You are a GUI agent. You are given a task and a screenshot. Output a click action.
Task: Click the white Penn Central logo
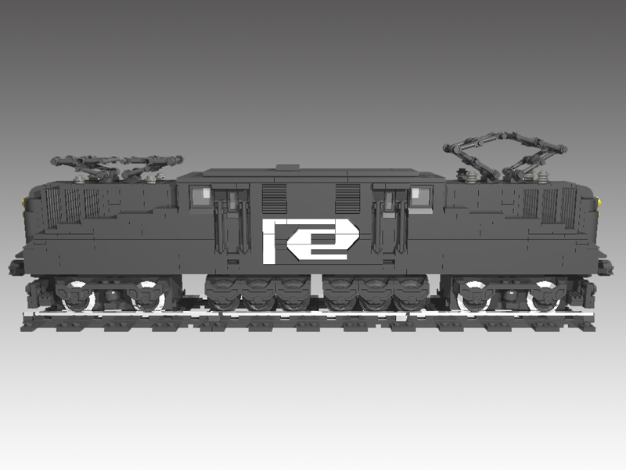click(311, 241)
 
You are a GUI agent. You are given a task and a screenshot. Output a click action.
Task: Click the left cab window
click(202, 195)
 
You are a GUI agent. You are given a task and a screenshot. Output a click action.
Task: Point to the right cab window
click(420, 196)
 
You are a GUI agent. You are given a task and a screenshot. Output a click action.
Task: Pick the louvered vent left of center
click(275, 199)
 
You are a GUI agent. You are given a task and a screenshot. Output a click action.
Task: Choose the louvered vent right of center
click(347, 199)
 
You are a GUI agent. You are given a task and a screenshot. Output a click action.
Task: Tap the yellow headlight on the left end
click(26, 201)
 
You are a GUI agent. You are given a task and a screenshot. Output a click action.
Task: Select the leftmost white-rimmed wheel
click(79, 296)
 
